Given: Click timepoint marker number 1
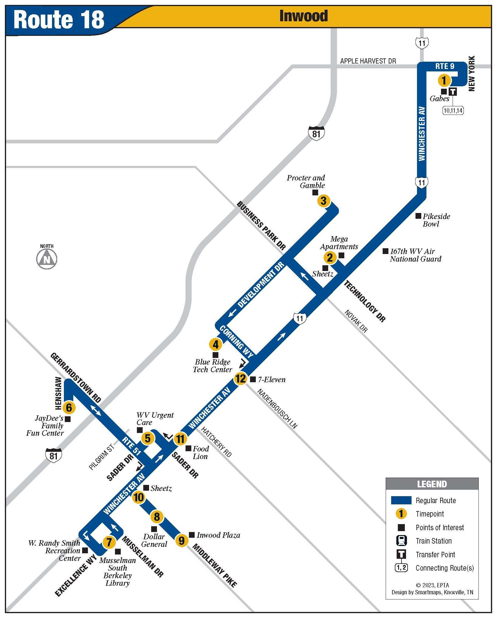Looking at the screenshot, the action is pyautogui.click(x=444, y=81).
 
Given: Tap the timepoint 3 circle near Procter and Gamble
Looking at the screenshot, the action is pyautogui.click(x=323, y=201).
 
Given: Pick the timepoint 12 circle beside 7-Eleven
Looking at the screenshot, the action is pyautogui.click(x=240, y=379).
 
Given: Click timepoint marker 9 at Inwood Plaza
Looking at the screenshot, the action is pyautogui.click(x=182, y=541).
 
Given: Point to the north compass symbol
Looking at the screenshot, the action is pyautogui.click(x=47, y=259).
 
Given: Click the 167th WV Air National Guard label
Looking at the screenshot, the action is pyautogui.click(x=415, y=255).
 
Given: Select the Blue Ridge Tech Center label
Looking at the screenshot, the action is pyautogui.click(x=213, y=366).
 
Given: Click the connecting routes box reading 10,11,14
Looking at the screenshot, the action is pyautogui.click(x=453, y=110).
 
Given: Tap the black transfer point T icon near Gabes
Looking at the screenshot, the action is pyautogui.click(x=453, y=91).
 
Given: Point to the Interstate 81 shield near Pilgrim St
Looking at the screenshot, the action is pyautogui.click(x=54, y=455).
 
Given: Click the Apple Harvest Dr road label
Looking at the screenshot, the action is pyautogui.click(x=368, y=61).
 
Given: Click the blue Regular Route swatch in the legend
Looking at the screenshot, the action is pyautogui.click(x=401, y=500).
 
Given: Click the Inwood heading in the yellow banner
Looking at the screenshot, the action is pyautogui.click(x=304, y=16).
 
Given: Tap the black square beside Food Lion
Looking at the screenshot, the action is pyautogui.click(x=188, y=448).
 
